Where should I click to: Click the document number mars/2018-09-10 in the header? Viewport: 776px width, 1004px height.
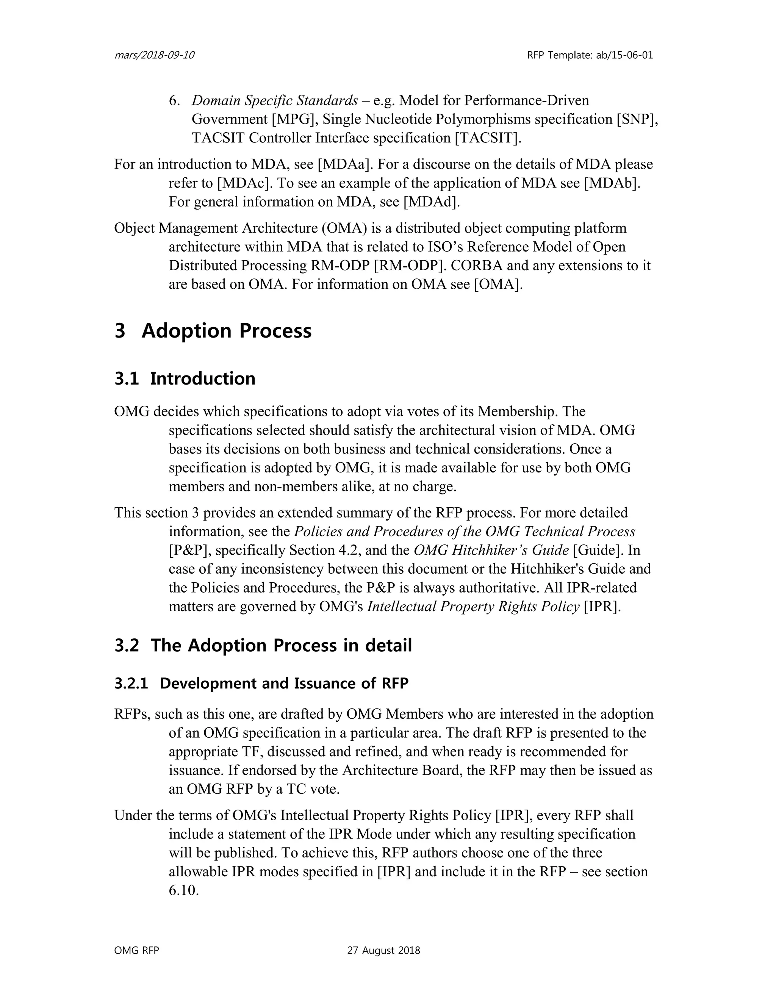click(154, 55)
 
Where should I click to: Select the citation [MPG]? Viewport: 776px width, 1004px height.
click(293, 119)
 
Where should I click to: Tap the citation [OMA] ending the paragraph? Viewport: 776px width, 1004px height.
click(498, 285)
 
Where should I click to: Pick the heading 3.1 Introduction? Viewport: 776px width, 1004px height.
click(185, 378)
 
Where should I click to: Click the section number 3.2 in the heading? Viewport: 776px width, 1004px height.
click(127, 646)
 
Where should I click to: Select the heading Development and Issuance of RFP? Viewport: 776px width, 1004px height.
click(284, 683)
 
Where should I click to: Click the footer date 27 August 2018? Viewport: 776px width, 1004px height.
click(383, 951)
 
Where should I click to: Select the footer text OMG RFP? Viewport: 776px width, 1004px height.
click(136, 951)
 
